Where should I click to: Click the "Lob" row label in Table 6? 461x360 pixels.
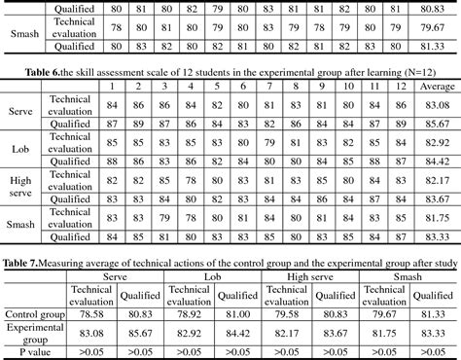pos(19,146)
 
